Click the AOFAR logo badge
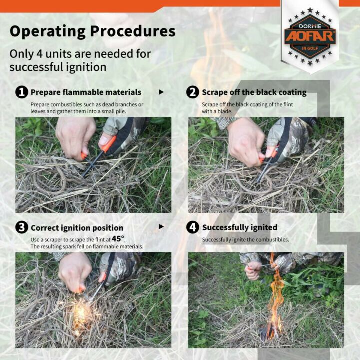pos(310,36)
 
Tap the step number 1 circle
pos(21,92)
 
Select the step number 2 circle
pos(193,92)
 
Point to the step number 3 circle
pos(21,227)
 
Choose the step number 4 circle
pos(193,227)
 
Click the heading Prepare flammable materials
pos(86,92)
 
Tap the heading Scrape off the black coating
pos(254,92)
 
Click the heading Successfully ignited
pos(239,228)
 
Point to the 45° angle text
pos(118,239)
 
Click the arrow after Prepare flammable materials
pos(161,92)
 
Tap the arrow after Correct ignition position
pos(161,227)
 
